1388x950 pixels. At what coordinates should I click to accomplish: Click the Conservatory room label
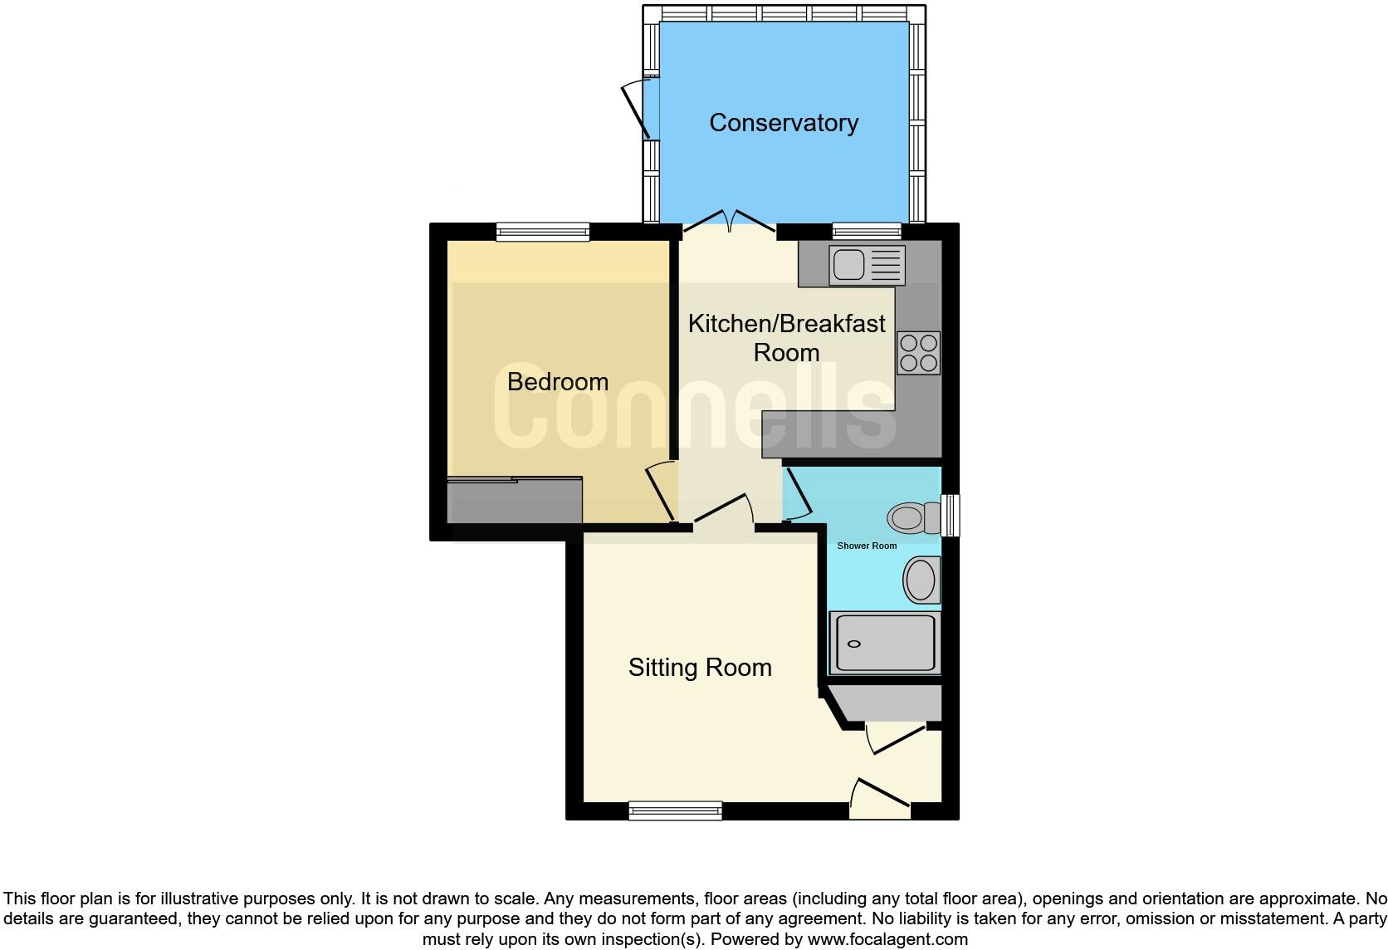point(784,123)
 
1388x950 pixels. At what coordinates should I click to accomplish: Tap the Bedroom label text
point(557,382)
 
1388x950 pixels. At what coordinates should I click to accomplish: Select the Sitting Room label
point(700,668)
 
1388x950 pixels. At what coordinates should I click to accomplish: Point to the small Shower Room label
point(867,546)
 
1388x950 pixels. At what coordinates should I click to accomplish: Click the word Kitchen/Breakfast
point(786,324)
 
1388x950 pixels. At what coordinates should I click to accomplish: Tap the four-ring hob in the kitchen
point(918,353)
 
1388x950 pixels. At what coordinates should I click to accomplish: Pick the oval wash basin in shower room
point(921,580)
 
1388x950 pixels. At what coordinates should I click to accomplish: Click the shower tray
point(885,643)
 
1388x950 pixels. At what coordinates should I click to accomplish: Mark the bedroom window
point(543,232)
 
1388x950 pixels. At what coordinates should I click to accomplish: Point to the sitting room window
point(675,810)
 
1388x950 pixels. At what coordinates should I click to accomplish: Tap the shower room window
point(951,516)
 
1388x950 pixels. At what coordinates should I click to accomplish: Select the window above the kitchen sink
point(867,232)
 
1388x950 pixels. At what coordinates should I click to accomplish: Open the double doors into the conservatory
point(729,220)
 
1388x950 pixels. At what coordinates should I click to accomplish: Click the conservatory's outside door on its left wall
point(639,108)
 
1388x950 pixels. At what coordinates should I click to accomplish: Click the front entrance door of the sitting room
point(880,797)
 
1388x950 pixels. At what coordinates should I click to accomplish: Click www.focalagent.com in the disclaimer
point(887,940)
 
